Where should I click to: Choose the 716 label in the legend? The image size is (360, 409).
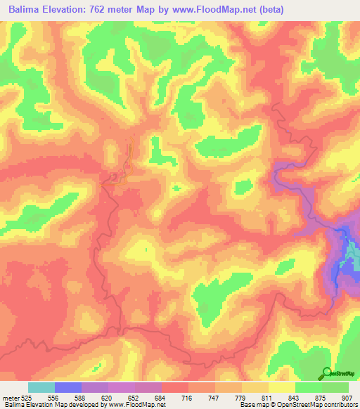click(x=187, y=397)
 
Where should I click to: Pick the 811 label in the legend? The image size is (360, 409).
click(x=267, y=397)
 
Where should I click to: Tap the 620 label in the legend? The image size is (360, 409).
click(x=107, y=397)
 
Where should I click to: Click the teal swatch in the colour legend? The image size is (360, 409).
click(x=41, y=387)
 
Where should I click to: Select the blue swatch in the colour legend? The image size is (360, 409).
click(x=67, y=387)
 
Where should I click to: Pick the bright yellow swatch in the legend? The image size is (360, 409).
click(x=281, y=387)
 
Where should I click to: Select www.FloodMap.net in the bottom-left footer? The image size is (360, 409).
click(x=131, y=405)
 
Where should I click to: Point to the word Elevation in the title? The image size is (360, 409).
click(x=67, y=11)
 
